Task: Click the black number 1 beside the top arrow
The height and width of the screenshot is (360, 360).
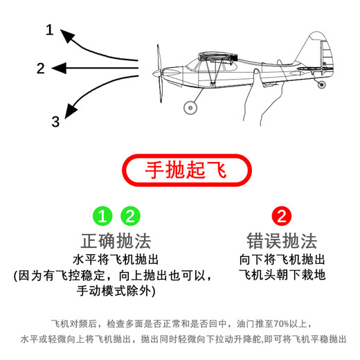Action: (49, 30)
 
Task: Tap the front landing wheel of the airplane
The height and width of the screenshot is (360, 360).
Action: (189, 107)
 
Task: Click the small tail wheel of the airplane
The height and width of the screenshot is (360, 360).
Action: (321, 84)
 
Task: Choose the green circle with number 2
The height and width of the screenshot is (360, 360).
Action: (129, 216)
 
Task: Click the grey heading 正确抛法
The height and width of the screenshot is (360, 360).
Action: (116, 241)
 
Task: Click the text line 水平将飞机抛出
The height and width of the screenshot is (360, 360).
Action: (116, 260)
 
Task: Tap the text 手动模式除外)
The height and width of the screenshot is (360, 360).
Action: (116, 291)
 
